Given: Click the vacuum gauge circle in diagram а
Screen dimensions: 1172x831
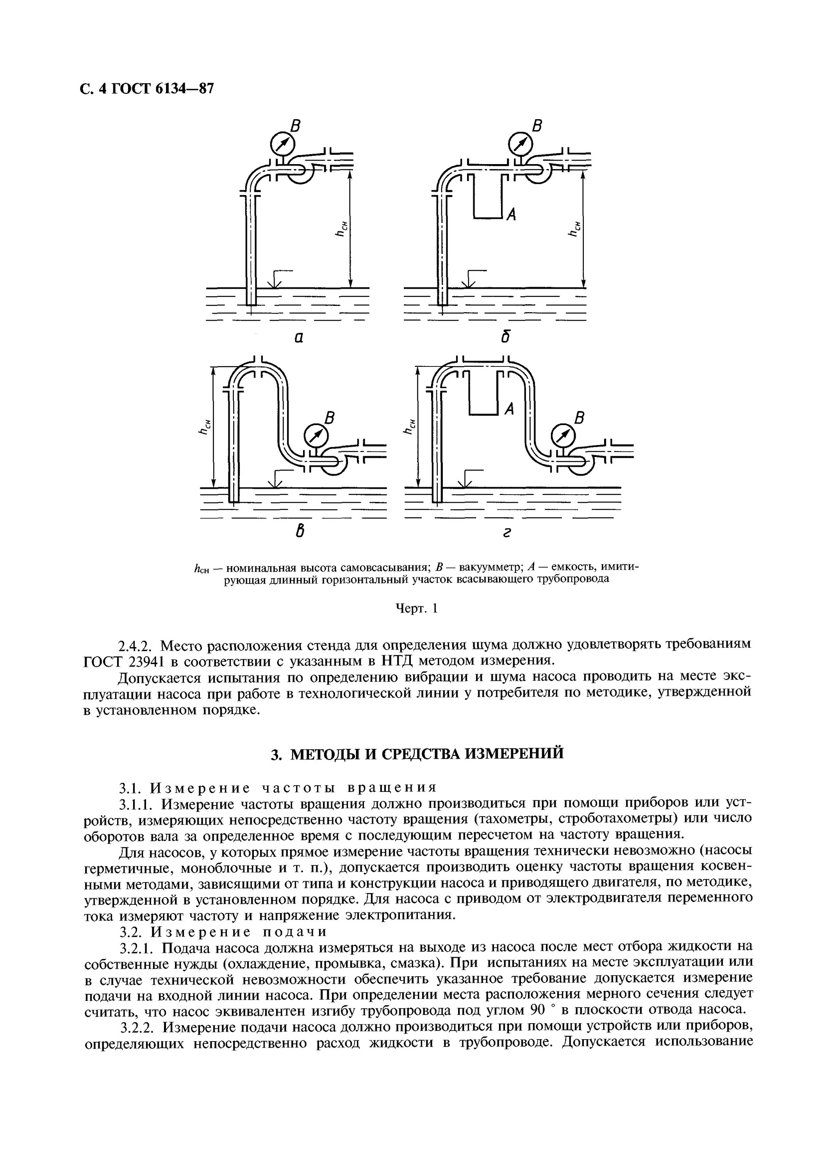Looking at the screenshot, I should pyautogui.click(x=282, y=143).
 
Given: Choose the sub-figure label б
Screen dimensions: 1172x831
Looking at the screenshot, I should pyautogui.click(x=506, y=336).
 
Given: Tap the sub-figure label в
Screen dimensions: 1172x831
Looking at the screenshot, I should pyautogui.click(x=300, y=532).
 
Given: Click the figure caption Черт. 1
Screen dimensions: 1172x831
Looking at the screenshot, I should pyautogui.click(x=417, y=609).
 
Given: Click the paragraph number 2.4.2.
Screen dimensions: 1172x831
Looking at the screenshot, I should pyautogui.click(x=137, y=644).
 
